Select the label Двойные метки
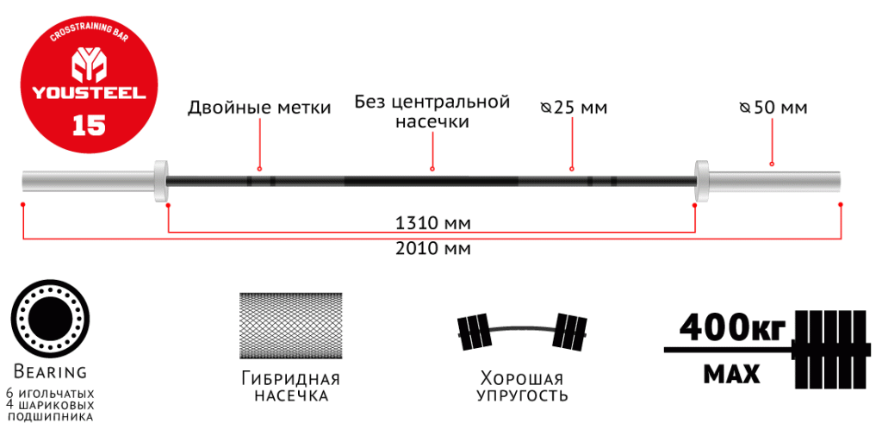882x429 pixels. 259,109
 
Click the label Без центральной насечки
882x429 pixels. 432,112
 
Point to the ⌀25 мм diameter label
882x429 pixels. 574,109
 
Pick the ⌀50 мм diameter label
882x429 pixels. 773,109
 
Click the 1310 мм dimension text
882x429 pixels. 432,224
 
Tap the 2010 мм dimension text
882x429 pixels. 432,249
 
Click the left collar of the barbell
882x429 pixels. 160,181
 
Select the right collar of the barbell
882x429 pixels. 701,181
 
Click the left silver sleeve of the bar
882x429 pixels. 86,181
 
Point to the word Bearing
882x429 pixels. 49,372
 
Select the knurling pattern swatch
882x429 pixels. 290,326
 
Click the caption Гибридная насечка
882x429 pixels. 290,387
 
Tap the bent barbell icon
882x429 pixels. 523,331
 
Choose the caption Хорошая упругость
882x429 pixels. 523,387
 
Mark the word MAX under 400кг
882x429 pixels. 731,376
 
